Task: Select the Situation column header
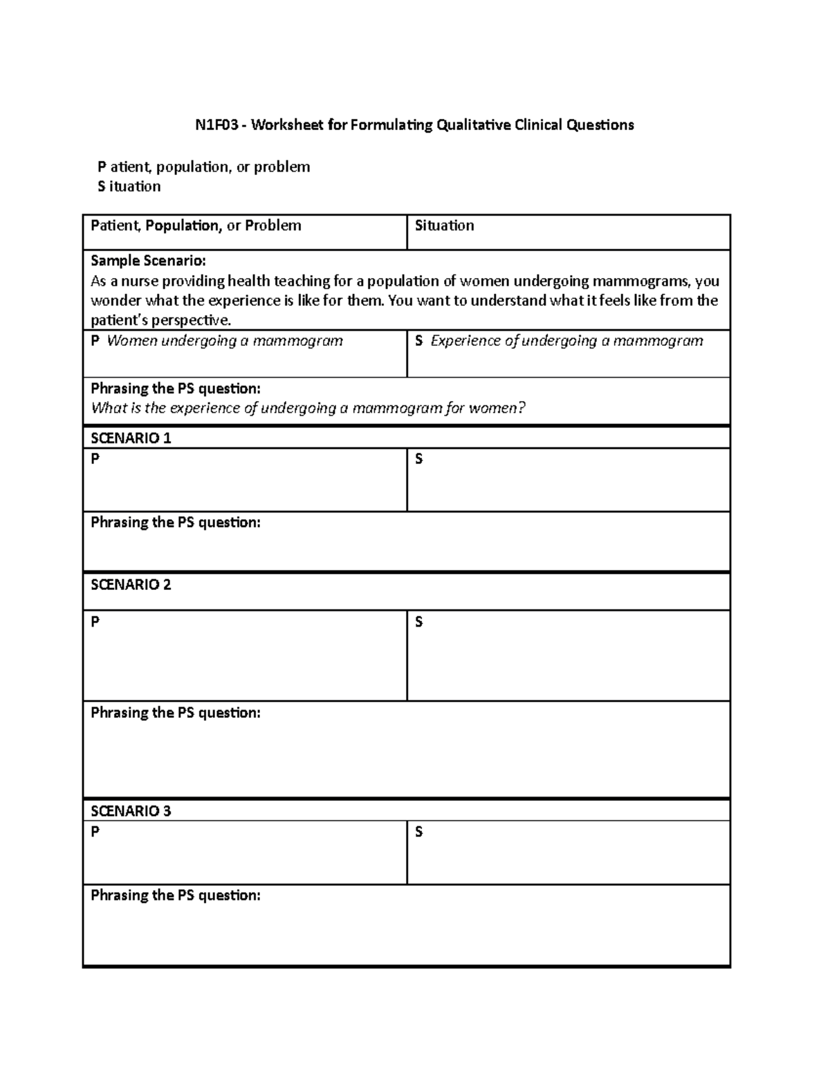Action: [x=444, y=225]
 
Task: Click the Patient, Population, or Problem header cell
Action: [x=196, y=225]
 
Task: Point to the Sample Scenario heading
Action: [x=148, y=261]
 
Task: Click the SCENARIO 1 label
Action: [x=131, y=438]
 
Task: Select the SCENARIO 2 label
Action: [x=131, y=585]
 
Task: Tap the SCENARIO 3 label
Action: [x=131, y=811]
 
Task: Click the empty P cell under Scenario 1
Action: [x=245, y=484]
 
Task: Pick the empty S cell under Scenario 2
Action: [x=569, y=660]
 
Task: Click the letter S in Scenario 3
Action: [x=418, y=832]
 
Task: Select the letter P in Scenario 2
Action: [x=95, y=622]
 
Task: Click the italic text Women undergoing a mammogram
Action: [x=225, y=341]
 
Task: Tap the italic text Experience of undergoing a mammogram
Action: [x=566, y=341]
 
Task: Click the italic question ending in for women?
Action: [x=308, y=408]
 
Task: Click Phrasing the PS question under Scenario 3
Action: [x=176, y=896]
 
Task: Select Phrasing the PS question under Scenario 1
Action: [x=176, y=523]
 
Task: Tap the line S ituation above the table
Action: [x=129, y=187]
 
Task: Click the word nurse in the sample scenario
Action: [x=129, y=281]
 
